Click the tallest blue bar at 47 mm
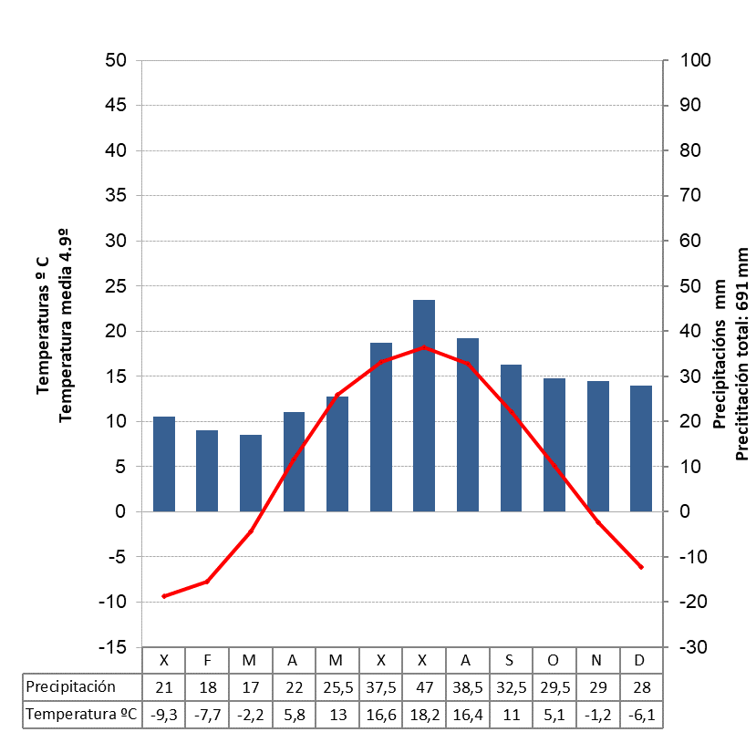click(x=424, y=406)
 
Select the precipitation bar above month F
click(x=207, y=470)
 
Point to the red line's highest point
click(x=424, y=347)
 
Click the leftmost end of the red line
click(x=164, y=596)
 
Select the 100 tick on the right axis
click(x=689, y=61)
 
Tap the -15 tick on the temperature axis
click(x=112, y=647)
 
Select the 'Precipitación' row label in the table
click(x=72, y=686)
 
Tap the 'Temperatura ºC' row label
click(x=81, y=715)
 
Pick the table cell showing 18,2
click(x=424, y=715)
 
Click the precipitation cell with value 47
click(x=424, y=686)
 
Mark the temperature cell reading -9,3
click(x=164, y=715)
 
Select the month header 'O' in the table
click(x=554, y=659)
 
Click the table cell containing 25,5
click(x=337, y=686)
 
